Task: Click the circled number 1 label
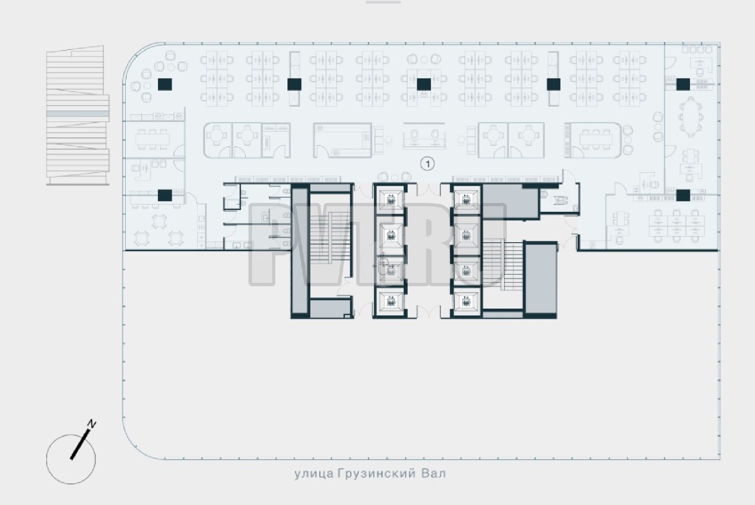pyautogui.click(x=428, y=164)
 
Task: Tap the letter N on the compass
pyautogui.click(x=91, y=424)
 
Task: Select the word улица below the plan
pyautogui.click(x=314, y=474)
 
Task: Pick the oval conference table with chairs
pyautogui.click(x=690, y=116)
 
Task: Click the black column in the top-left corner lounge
pyautogui.click(x=165, y=84)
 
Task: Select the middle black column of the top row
pyautogui.click(x=424, y=84)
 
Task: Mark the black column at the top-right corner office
pyautogui.click(x=683, y=84)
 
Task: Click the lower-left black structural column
pyautogui.click(x=165, y=195)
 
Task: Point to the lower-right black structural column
pyautogui.click(x=683, y=195)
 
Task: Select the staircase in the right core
pyautogui.click(x=503, y=265)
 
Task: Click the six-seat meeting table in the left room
pyautogui.click(x=152, y=139)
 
